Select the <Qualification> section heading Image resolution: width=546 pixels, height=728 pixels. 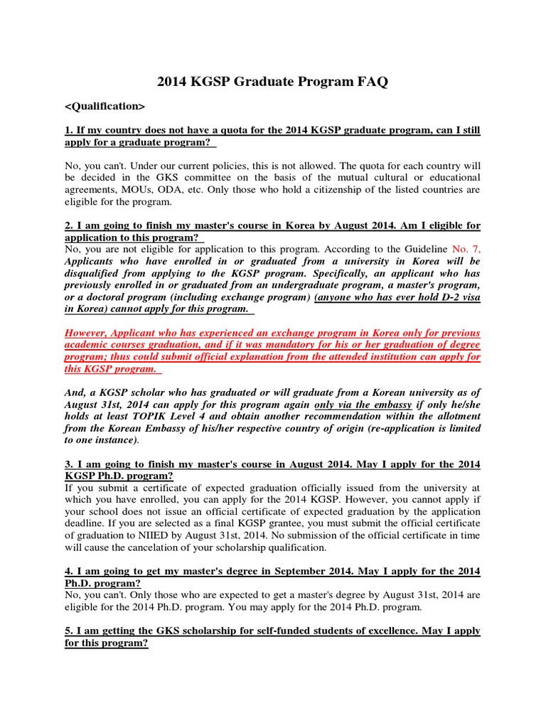coord(105,106)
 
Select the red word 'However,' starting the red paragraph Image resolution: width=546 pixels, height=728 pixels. coord(87,333)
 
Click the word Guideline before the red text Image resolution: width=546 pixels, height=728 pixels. coord(420,250)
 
